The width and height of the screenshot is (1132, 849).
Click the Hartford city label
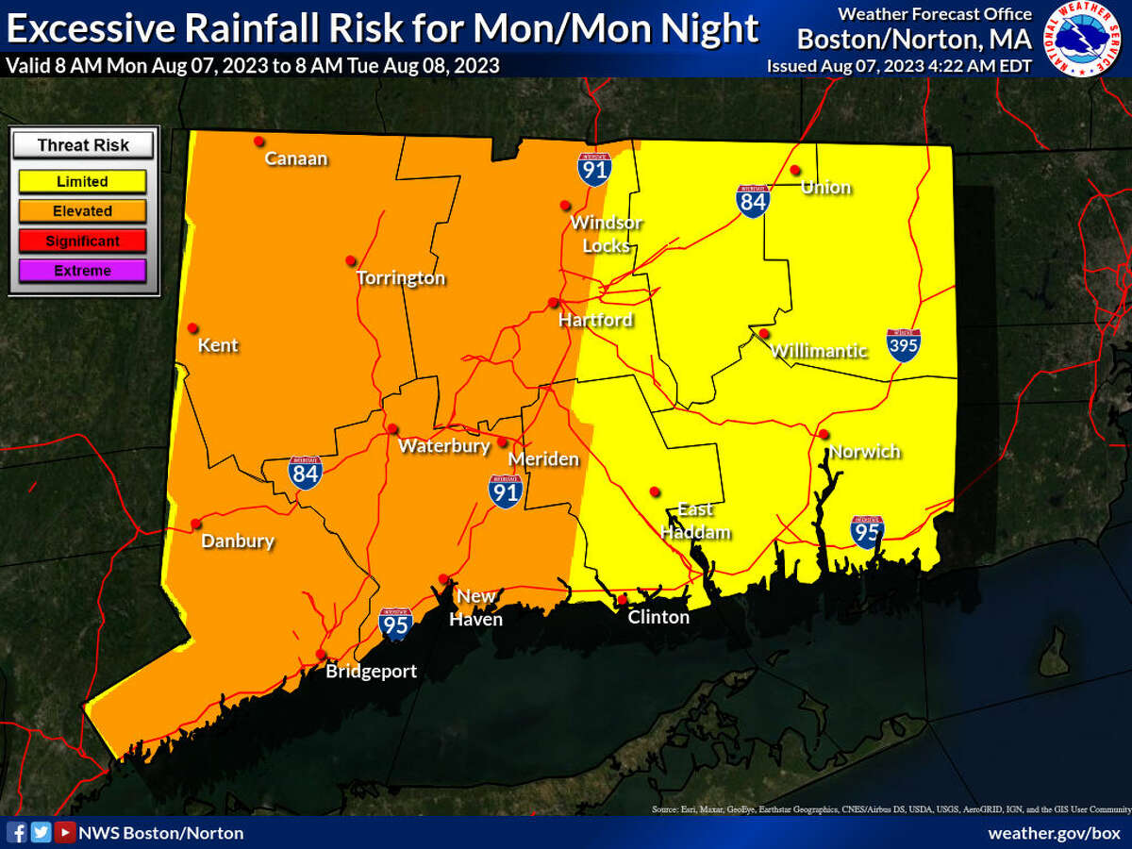[595, 321]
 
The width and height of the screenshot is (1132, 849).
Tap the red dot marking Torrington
[351, 260]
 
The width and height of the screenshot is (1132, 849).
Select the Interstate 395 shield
[903, 346]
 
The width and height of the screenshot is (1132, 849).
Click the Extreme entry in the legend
[82, 271]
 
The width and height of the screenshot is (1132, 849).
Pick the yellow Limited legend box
[82, 181]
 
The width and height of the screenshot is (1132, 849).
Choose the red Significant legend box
[82, 241]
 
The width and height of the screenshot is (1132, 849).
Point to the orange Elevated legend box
[82, 211]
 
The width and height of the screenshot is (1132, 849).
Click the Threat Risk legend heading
[83, 145]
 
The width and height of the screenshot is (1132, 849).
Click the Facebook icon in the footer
[17, 832]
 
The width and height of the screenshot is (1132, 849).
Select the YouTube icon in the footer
[64, 832]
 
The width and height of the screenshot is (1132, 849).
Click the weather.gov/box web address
[1053, 832]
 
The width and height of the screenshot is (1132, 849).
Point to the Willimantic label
[819, 352]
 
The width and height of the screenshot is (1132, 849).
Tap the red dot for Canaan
[258, 141]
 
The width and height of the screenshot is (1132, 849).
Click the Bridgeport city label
[371, 672]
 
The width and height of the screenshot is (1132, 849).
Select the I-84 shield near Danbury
[306, 473]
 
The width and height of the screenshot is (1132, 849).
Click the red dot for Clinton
[622, 599]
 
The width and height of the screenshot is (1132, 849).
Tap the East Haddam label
[695, 521]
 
